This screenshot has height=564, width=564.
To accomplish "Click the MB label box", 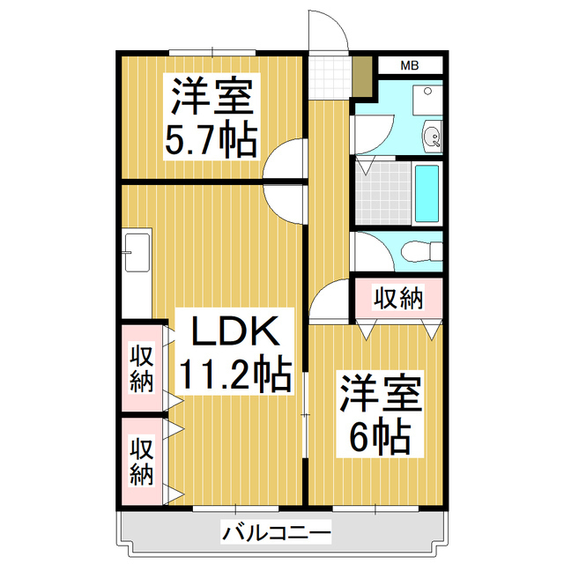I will [410, 65].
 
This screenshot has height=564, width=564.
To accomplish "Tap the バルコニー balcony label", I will [276, 532].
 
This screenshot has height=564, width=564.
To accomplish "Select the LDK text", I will [235, 333].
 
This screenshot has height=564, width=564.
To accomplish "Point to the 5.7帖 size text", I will [211, 139].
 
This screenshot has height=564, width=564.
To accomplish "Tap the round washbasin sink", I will [431, 137].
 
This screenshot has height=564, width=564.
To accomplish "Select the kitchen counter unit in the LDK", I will [137, 274].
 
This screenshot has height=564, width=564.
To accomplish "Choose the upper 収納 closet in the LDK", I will [142, 368].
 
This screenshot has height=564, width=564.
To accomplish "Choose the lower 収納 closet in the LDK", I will [142, 461].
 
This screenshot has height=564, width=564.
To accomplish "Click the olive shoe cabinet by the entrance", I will [362, 78].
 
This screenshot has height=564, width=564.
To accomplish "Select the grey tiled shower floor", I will [384, 193].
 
